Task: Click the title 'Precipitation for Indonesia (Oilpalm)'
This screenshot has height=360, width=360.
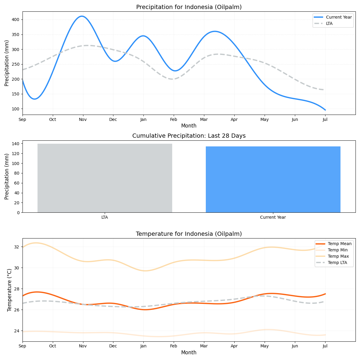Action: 189,7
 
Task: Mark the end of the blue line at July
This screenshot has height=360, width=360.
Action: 325,110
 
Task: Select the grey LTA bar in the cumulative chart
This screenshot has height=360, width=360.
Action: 105,178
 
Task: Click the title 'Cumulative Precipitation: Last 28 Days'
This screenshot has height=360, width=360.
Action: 189,136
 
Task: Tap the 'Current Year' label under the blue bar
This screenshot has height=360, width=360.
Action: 273,217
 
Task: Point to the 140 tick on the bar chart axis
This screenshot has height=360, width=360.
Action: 16,144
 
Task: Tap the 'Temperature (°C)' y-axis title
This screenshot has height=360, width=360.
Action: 9,290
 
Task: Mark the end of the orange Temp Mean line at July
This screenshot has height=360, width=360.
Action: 325,294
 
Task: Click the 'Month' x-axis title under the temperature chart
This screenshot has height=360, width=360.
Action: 189,353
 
